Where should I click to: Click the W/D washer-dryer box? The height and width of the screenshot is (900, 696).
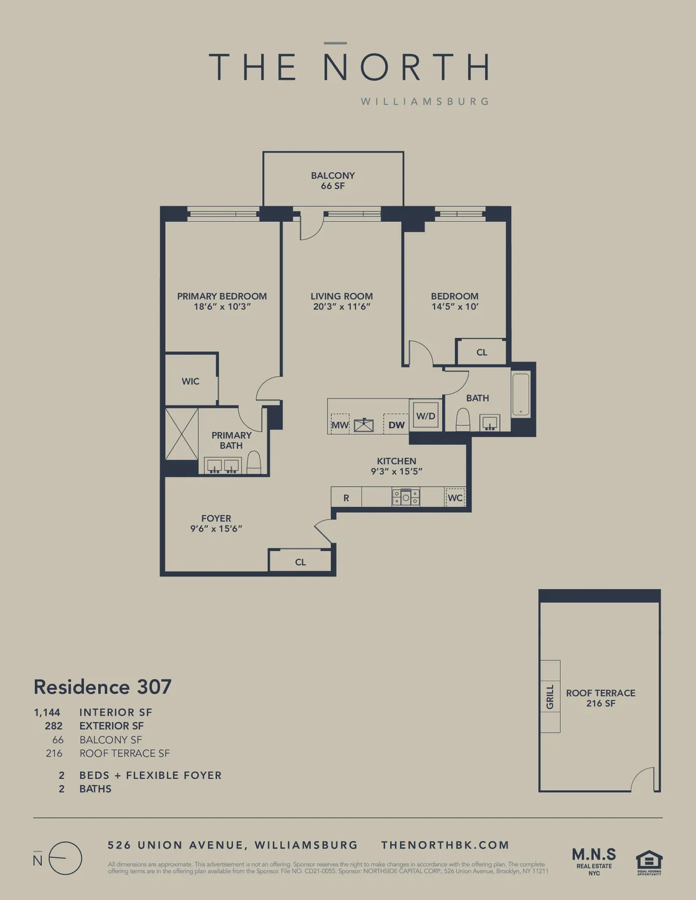tap(426, 416)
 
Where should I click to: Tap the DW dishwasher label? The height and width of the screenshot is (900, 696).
tap(397, 425)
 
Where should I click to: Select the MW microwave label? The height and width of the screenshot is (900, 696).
tap(340, 425)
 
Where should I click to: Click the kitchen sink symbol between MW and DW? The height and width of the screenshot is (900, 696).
tap(364, 425)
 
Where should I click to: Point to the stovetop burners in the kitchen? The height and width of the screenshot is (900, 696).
tap(405, 497)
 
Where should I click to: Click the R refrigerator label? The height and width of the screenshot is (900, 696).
tap(346, 498)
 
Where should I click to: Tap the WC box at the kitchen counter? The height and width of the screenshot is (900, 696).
tap(455, 498)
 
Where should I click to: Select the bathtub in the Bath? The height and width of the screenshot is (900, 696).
tap(520, 395)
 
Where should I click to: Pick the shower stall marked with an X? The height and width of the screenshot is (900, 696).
tap(182, 434)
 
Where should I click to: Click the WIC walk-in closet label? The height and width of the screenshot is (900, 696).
tap(190, 381)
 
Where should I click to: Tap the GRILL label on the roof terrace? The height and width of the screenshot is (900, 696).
tap(550, 697)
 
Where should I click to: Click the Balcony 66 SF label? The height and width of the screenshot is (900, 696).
tap(333, 180)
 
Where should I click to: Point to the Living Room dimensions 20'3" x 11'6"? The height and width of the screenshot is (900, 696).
tap(342, 307)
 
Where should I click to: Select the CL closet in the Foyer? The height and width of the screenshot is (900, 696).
tap(300, 562)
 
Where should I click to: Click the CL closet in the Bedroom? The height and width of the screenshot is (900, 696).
tap(482, 352)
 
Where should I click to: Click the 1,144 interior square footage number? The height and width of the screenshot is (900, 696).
tap(47, 712)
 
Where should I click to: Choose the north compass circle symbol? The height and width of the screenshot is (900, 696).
tap(65, 858)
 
